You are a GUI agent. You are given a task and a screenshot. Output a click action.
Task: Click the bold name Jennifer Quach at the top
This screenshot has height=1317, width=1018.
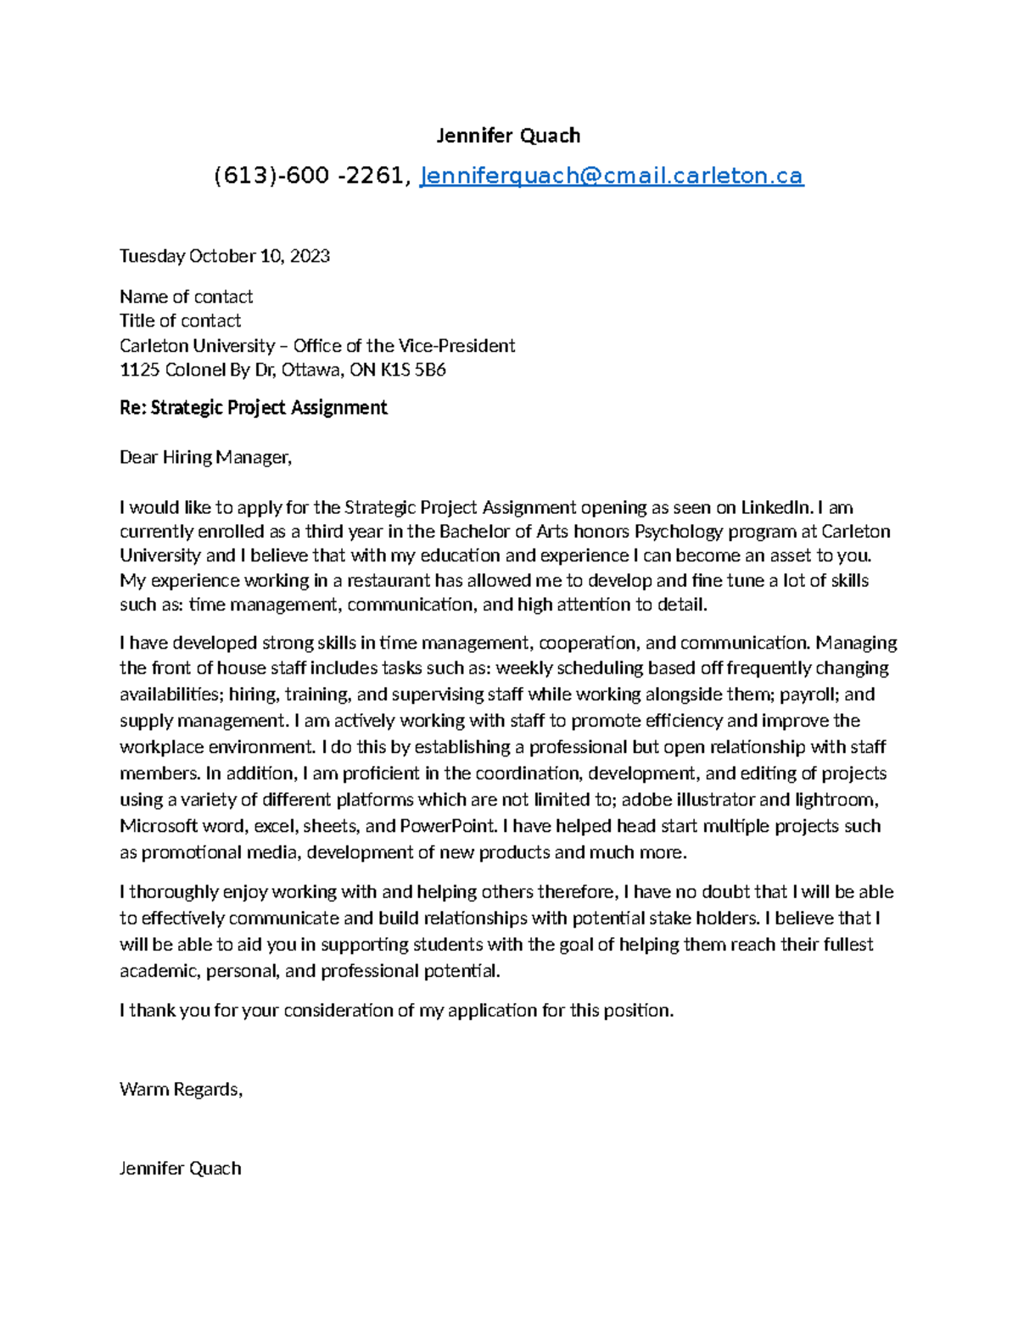(x=507, y=136)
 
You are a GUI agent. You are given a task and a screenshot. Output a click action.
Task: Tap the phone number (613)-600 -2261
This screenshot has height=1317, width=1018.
(x=311, y=176)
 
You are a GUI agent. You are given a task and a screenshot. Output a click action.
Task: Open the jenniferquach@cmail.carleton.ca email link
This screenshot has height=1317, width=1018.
(x=612, y=176)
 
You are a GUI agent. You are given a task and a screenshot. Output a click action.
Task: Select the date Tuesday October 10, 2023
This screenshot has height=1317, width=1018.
(x=225, y=256)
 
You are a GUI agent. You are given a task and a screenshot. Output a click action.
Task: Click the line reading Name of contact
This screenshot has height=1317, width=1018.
(x=186, y=297)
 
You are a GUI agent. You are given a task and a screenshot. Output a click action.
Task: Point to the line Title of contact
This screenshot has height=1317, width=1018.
(x=180, y=321)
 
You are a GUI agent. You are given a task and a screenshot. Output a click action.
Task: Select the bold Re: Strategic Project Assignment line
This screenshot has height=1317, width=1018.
(x=253, y=408)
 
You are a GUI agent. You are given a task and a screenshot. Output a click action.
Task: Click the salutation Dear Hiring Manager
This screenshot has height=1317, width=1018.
(x=205, y=458)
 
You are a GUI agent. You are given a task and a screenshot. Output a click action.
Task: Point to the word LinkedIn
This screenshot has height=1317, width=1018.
(x=777, y=508)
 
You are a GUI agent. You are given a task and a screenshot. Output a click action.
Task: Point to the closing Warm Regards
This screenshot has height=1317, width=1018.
(x=181, y=1090)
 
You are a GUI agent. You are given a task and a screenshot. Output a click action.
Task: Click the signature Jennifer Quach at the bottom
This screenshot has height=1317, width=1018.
(x=180, y=1169)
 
